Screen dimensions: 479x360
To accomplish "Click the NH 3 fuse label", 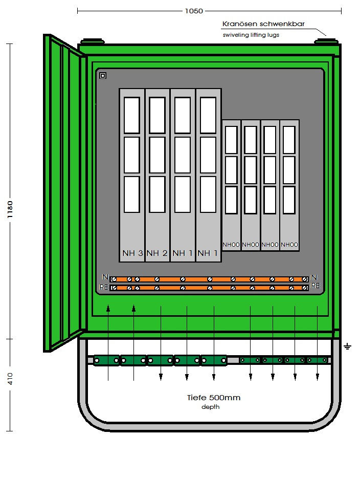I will (132, 253).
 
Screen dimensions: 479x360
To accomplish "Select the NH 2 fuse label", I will (157, 253).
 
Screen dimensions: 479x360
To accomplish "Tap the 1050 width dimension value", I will (194, 10).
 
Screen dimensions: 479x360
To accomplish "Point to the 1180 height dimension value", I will (10, 209).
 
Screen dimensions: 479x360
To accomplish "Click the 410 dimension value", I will (10, 379).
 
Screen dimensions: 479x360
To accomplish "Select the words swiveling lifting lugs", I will (251, 35).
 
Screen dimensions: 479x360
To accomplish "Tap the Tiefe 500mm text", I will (213, 398).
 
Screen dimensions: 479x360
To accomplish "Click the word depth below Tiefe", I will (210, 407).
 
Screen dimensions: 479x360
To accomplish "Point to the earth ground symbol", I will (347, 347).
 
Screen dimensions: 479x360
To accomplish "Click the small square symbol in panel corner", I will (103, 76).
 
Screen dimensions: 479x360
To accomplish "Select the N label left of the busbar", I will (105, 276).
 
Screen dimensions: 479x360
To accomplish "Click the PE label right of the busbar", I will (315, 286).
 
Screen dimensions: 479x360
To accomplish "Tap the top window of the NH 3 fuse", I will (132, 115).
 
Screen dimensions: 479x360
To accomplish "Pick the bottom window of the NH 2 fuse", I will (157, 194).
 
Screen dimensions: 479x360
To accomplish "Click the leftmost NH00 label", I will (231, 245).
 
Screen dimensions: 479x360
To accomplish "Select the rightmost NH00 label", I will (289, 245).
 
